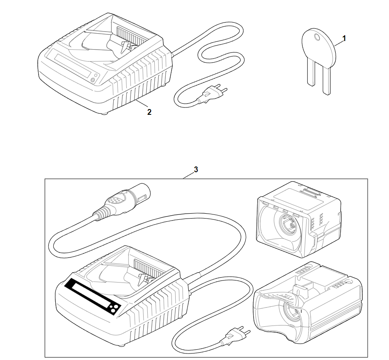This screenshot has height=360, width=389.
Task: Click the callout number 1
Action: point(344,38)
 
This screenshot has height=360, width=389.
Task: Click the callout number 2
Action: point(149,112)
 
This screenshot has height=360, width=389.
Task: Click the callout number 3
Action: point(196,169)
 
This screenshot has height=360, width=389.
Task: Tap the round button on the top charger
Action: point(93,80)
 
